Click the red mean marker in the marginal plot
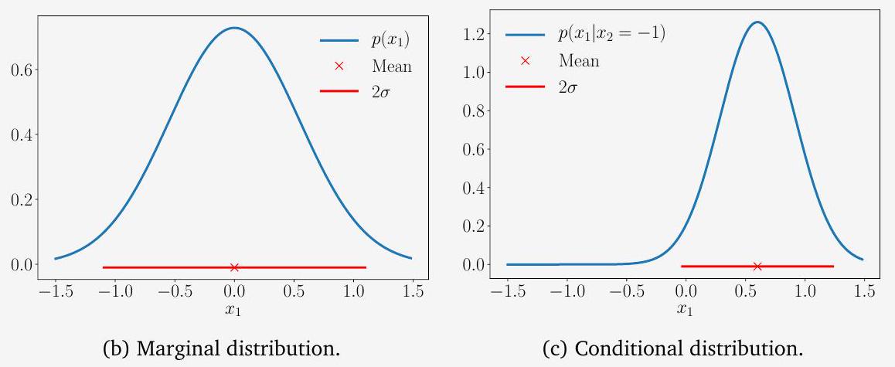[234, 267]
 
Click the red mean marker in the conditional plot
[757, 267]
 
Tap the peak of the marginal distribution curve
[234, 29]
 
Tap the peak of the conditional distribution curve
[757, 22]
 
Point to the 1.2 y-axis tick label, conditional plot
[472, 35]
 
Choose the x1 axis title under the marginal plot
[234, 310]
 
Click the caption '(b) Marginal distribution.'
[222, 348]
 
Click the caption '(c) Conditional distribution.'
[672, 348]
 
